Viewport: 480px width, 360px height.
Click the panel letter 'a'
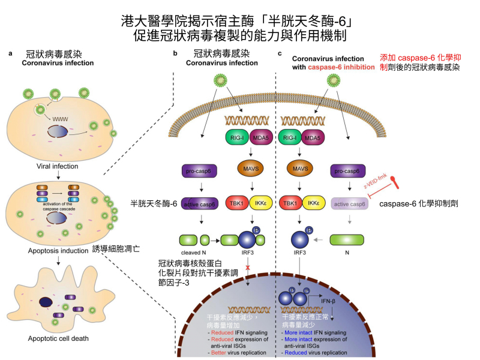tap(11, 55)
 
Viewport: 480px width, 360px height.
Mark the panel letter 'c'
tap(280, 55)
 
